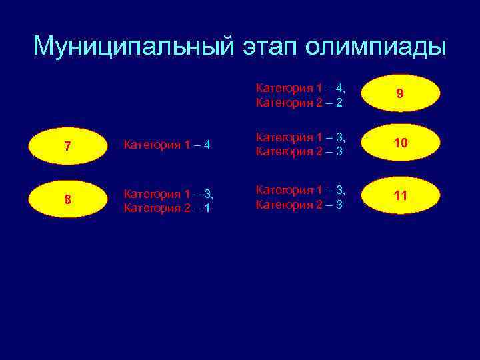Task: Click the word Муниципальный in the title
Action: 132,47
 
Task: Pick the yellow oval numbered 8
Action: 68,199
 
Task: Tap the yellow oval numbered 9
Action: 399,94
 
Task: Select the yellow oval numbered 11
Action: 399,196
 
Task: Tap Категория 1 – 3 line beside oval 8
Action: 169,193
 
